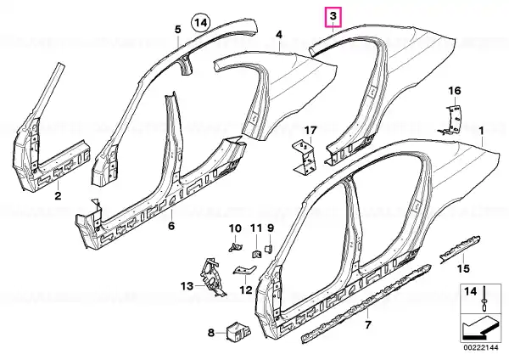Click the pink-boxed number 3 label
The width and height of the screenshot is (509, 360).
tap(333, 18)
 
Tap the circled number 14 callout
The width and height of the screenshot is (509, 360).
tap(201, 23)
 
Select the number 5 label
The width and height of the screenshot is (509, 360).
tap(178, 30)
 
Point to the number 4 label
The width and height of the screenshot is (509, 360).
tap(279, 35)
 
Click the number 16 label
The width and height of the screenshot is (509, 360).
tap(455, 91)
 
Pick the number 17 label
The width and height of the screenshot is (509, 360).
tap(310, 131)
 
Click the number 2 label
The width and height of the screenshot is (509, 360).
tap(58, 196)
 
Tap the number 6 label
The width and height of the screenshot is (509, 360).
tap(171, 226)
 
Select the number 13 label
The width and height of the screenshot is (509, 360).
tap(187, 286)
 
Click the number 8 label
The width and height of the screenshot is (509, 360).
tap(211, 333)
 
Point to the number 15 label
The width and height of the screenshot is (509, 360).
tap(463, 268)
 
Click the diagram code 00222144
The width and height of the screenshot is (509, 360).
tap(480, 348)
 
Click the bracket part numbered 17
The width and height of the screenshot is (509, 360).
tap(304, 156)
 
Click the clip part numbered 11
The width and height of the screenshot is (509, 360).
tap(257, 253)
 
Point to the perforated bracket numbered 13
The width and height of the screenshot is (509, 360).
tap(213, 276)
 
